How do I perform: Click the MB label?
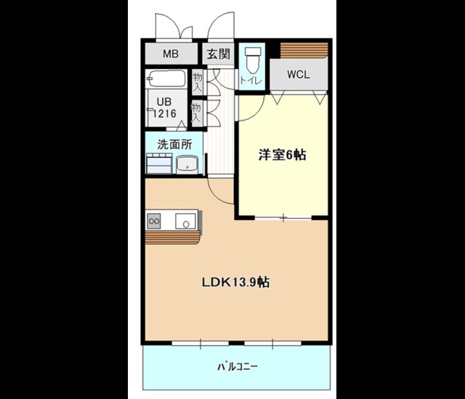pos(171,54)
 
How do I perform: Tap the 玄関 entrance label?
pos(217,54)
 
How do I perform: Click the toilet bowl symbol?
pos(252,57)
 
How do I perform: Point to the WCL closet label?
pos(298,73)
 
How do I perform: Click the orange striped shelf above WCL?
pos(304,49)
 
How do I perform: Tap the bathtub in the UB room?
pos(168,78)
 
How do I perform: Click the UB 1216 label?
pos(163,108)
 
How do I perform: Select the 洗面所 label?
pos(174,144)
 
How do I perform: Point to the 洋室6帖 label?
pos(283,155)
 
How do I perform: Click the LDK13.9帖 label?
pos(235,282)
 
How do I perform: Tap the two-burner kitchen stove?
pos(155,219)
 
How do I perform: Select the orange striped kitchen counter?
pos(171,238)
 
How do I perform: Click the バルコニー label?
pos(237,366)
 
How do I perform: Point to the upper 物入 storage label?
pos(198,80)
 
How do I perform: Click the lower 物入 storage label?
pos(196,111)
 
